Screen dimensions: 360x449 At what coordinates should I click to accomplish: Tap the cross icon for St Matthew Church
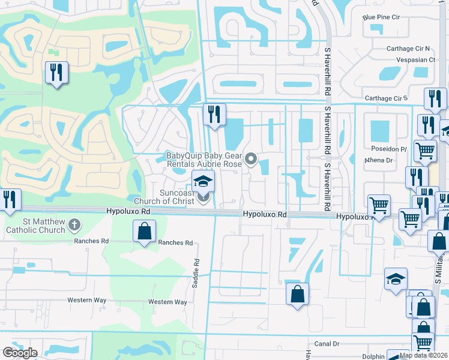coord(74,226)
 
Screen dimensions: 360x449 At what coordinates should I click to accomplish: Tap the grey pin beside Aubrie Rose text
coord(252,159)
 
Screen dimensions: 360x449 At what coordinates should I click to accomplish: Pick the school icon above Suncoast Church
coord(203,180)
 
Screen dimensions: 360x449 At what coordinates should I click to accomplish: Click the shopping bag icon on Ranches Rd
coord(145,231)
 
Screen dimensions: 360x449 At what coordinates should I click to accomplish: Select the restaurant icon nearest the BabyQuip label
coord(214,113)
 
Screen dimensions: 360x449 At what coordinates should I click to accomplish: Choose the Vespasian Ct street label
coord(415,60)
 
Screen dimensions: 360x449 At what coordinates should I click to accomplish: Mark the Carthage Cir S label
coord(387,98)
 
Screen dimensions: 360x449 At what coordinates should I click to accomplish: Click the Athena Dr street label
coord(379,160)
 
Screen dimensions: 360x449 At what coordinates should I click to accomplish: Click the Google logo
coord(20,353)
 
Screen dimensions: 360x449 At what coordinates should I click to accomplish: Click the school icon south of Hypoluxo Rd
coord(396,279)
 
